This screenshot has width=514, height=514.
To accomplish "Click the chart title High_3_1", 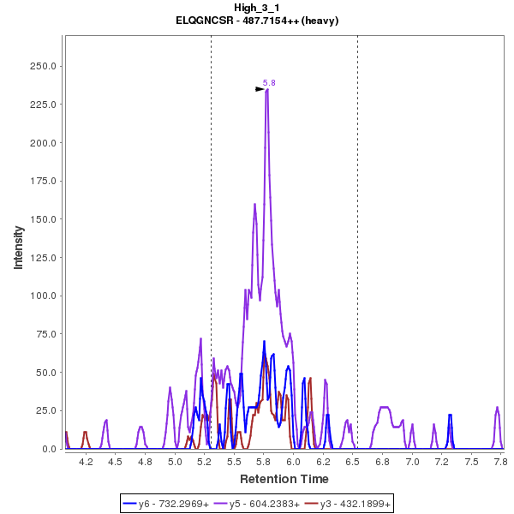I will (257, 8).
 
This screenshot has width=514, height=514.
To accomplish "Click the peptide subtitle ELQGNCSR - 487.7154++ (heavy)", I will (257, 20).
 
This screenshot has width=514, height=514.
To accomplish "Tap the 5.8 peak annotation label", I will (269, 83).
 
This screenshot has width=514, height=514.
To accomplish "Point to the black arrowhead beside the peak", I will (260, 88).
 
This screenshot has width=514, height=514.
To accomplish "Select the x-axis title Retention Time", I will (284, 478).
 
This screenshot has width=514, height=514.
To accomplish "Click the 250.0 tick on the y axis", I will (43, 66).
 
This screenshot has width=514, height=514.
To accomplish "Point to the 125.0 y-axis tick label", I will (43, 258).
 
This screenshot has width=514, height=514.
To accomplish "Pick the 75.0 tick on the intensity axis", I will (45, 334).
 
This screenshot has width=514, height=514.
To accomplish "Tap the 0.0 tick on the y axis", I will (49, 449).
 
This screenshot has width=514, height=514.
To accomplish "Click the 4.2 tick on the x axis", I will (86, 462).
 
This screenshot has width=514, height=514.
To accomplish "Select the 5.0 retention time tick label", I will (175, 462).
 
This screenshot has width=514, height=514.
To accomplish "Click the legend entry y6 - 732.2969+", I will (175, 504).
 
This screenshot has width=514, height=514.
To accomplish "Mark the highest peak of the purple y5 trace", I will (267, 90).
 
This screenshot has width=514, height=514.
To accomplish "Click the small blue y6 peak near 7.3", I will (450, 415).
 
